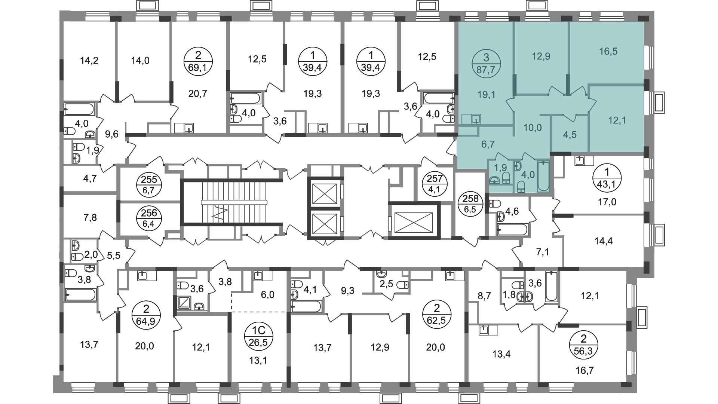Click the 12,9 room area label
541,56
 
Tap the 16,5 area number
608,51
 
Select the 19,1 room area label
486,95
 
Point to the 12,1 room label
617,120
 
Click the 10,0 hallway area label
532,128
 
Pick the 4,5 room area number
570,135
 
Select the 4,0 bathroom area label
528,175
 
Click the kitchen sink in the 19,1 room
476,119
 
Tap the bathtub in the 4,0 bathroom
543,177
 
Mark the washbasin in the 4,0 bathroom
518,166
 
